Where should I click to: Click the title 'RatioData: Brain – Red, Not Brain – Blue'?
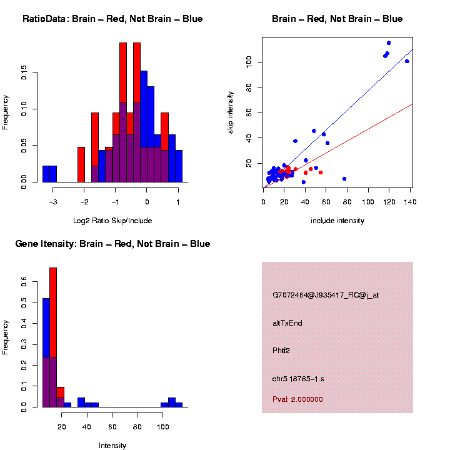pos(112,19)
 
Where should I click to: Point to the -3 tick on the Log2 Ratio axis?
pos(53,202)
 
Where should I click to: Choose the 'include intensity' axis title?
pos(337,221)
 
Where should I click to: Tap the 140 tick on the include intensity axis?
pos(411,202)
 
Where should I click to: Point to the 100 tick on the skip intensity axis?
pos(248,61)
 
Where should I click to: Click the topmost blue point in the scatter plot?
pos(389,43)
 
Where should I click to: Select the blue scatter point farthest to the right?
pos(407,61)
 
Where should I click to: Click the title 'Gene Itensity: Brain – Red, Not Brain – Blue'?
pos(112,244)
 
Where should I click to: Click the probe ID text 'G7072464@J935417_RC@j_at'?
pos(326,295)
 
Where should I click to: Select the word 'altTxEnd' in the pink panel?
pos(287,323)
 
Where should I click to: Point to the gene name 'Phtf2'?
pos(281,351)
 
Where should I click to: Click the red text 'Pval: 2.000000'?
pos(297,399)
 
